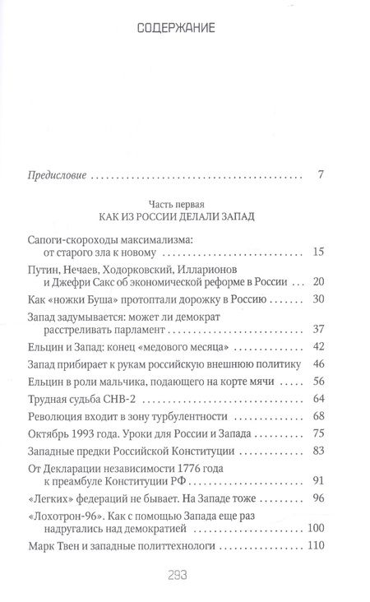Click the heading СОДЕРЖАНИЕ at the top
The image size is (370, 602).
tap(184, 29)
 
